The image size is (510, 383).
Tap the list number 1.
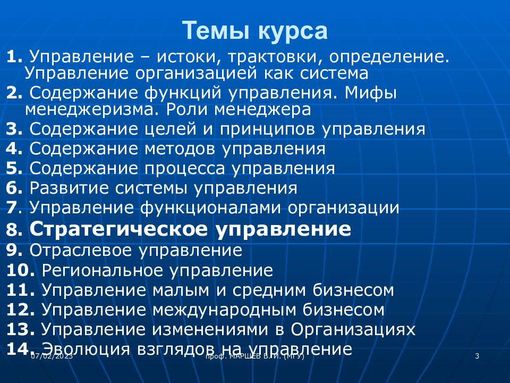14,56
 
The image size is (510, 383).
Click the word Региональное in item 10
103,270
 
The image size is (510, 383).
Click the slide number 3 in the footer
477,356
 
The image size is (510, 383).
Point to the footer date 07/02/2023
51,356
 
